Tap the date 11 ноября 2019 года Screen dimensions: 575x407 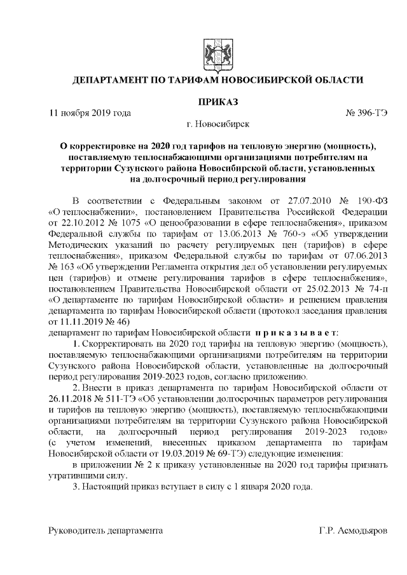(90, 113)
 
